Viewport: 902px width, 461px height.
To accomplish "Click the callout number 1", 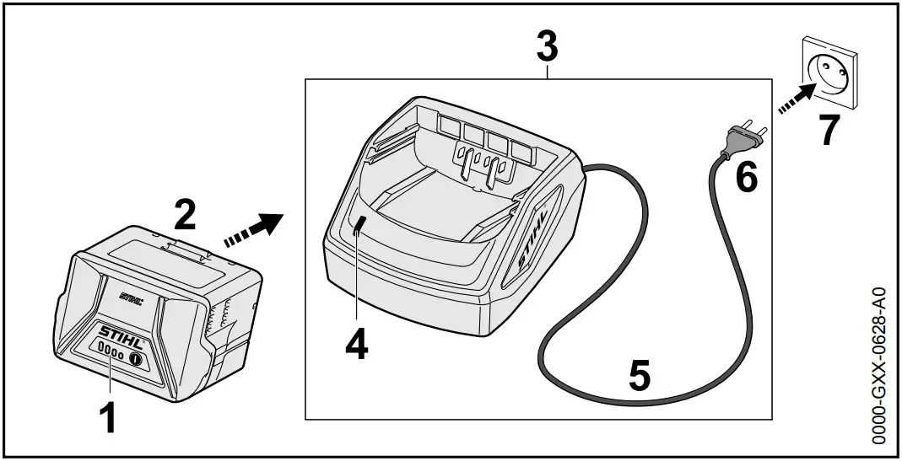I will coord(106,418).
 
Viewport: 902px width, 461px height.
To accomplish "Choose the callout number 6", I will coord(746,176).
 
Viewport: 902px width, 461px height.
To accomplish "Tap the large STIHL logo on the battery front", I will coord(122,332).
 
